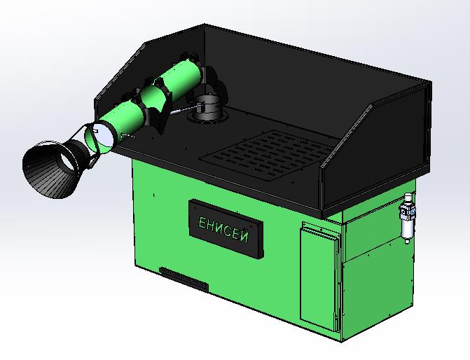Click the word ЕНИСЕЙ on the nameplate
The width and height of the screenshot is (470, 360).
pyautogui.click(x=223, y=229)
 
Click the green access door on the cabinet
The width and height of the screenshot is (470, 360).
pyautogui.click(x=319, y=276)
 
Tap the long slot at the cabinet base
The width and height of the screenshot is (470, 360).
pyautogui.click(x=184, y=279)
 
